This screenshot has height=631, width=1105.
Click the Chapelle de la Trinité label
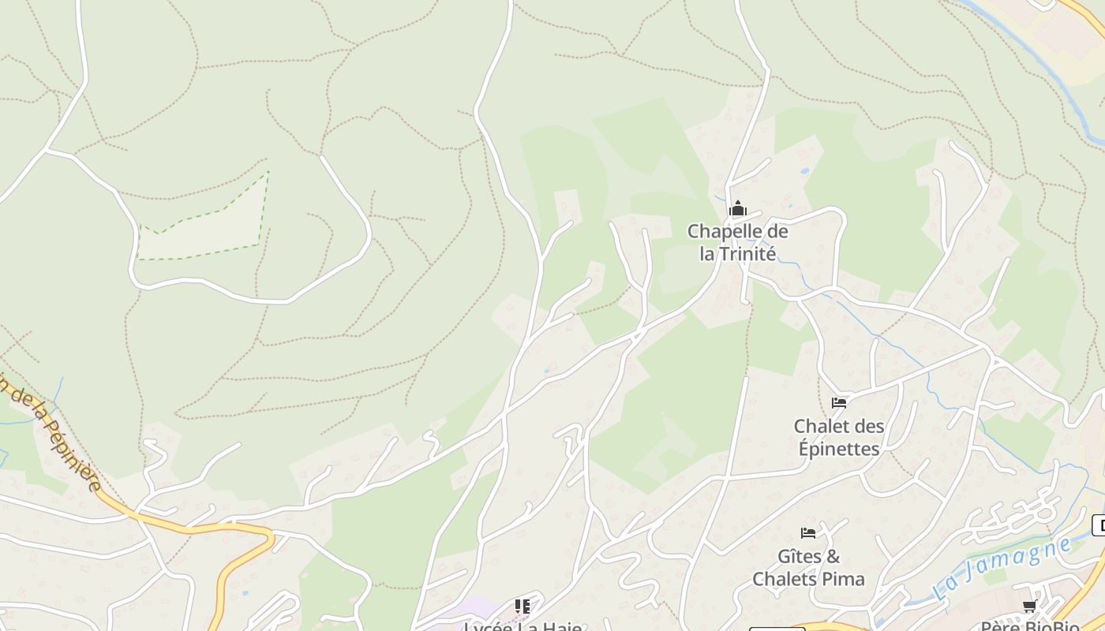[x=737, y=242]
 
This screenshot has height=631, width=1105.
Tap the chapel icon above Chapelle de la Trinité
[x=738, y=209]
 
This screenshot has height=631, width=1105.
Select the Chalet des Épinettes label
[x=838, y=438]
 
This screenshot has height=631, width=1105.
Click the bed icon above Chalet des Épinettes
[x=839, y=403]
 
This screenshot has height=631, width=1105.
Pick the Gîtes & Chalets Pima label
[x=808, y=568]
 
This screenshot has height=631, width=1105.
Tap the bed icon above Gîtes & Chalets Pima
[x=808, y=533]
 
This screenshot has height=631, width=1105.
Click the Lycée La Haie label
[x=523, y=627]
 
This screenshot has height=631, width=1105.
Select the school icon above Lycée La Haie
[x=523, y=606]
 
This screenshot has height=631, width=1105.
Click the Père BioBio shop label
[x=1029, y=627]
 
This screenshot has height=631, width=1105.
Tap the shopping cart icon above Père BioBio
[x=1029, y=606]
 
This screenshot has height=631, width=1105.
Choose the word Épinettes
[x=838, y=449]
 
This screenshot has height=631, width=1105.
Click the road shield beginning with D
[x=1099, y=525]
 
